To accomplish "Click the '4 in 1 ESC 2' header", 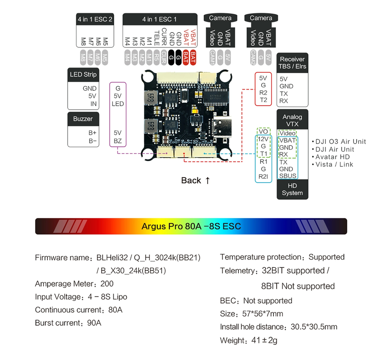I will (95, 19).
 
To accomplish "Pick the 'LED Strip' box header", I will (83, 74).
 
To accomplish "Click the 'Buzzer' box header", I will (83, 119).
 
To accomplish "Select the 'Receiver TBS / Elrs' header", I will (292, 62).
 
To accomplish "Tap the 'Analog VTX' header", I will (292, 120).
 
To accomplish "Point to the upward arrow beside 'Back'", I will (207, 180).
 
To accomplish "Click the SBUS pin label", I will (288, 176).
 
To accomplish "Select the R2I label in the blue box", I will (263, 176).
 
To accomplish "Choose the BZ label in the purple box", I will (118, 141).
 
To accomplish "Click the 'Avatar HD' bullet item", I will (332, 157).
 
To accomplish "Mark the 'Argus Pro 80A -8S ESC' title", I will (191, 226).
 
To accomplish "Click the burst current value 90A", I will (94, 323).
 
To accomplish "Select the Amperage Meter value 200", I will (107, 284).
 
